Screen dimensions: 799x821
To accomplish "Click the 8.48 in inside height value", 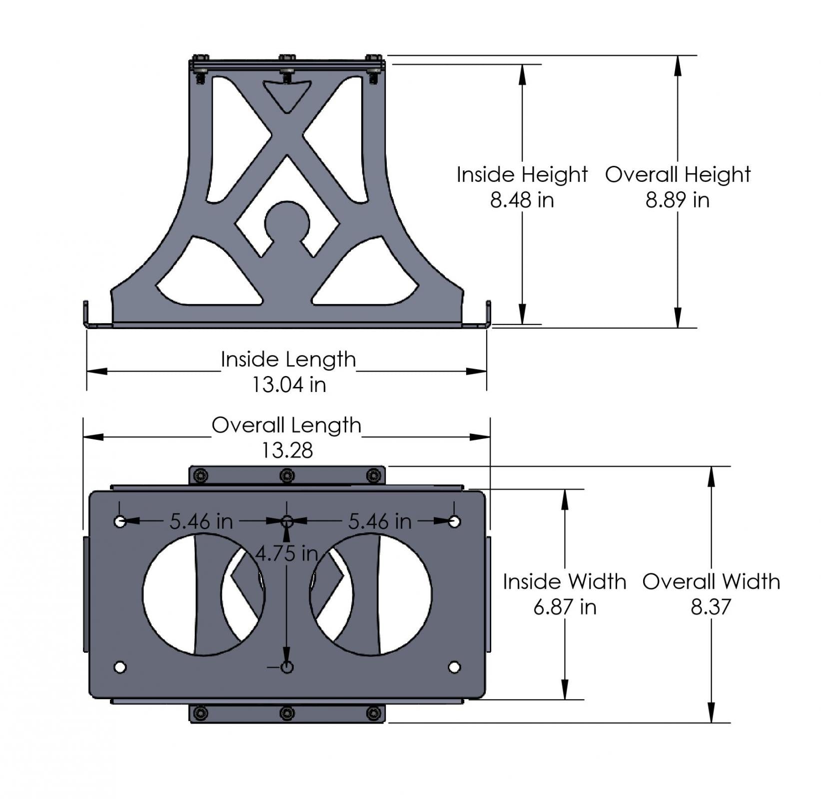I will tap(522, 200).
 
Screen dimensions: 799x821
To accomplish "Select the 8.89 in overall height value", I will tap(677, 200).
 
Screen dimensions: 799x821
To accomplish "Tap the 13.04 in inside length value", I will tap(289, 385).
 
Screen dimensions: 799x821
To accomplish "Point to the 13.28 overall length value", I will tap(287, 450).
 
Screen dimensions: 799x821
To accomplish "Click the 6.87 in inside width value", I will tap(565, 607).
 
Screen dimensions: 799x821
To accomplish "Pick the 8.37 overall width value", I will tap(711, 607).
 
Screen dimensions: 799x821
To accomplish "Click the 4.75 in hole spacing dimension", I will tap(287, 553).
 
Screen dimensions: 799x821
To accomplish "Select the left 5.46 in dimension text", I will tap(201, 522).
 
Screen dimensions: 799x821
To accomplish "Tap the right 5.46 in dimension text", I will tap(380, 522).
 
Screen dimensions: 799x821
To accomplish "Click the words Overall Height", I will tap(678, 175).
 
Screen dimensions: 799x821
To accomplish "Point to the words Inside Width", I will tap(565, 582).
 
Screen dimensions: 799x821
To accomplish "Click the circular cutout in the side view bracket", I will tap(287, 220).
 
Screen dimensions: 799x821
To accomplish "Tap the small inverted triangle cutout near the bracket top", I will tap(287, 95).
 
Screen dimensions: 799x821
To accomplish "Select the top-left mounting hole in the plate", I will tap(120, 522).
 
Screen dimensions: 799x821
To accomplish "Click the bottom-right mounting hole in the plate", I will tap(454, 667).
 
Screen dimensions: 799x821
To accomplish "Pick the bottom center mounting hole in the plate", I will tap(287, 667).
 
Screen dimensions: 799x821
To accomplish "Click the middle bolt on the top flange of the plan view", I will tap(287, 475).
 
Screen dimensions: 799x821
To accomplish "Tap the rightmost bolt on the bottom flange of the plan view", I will tap(373, 713).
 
